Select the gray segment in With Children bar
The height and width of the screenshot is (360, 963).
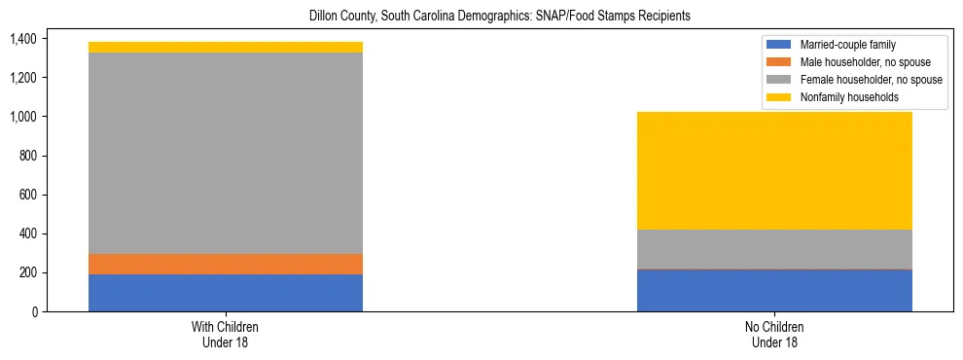point(226,153)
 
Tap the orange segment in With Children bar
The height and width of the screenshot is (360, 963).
point(226,264)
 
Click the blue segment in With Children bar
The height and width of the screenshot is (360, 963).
point(226,293)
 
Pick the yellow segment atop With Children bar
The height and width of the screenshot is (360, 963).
point(226,47)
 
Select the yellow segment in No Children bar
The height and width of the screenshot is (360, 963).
point(774,170)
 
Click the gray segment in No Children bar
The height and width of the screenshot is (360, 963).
point(774,249)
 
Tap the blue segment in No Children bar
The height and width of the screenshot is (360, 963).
point(774,290)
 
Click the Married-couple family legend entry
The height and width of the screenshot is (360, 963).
point(842,45)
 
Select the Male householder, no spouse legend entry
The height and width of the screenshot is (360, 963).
point(856,62)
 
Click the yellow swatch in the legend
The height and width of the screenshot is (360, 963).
point(779,97)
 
